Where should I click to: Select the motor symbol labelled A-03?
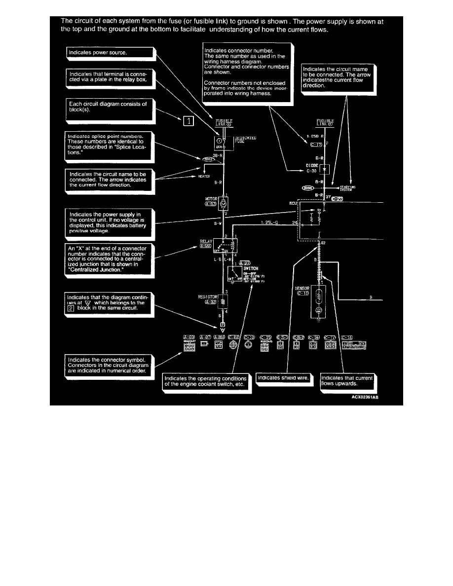224,202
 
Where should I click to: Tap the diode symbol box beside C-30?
324,169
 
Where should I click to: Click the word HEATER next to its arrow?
204,177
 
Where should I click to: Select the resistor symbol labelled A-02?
223,301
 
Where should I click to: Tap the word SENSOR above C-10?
302,288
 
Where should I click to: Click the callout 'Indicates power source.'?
110,52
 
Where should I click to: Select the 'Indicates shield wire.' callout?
283,378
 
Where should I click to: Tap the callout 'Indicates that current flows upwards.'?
347,380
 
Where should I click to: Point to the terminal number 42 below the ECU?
323,243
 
